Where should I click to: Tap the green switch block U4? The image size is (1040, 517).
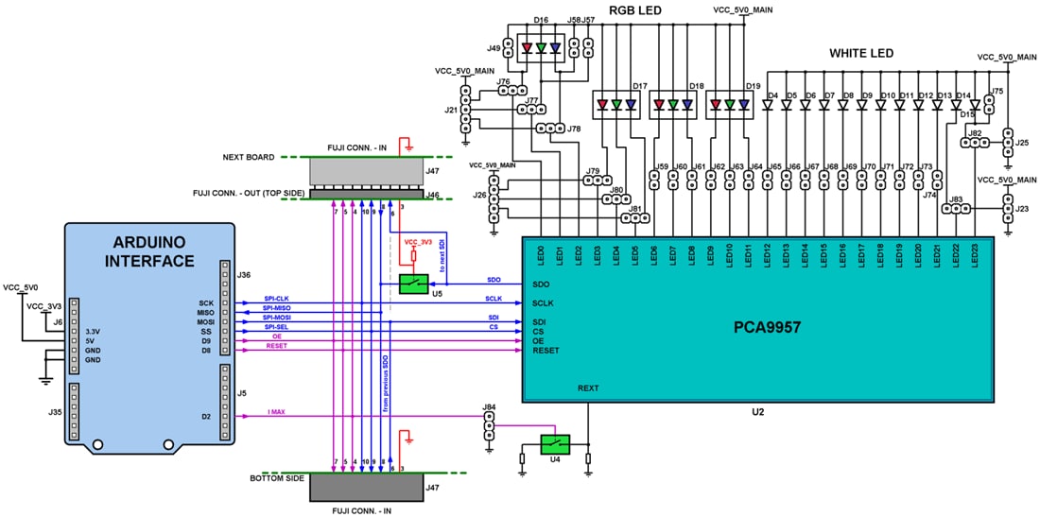tap(554, 442)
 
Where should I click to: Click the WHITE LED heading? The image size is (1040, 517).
tap(861, 53)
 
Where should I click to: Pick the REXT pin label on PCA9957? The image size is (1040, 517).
tap(588, 388)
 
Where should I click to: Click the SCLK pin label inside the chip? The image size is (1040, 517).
tap(544, 303)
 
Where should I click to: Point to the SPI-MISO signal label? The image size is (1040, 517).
tap(278, 308)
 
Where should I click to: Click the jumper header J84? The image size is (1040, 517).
tap(488, 427)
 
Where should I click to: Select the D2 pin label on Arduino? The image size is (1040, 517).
tap(206, 416)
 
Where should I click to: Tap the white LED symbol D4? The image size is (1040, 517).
tap(768, 106)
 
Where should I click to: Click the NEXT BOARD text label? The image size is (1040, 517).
tap(250, 158)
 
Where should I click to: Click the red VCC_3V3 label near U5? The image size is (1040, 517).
tap(418, 242)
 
